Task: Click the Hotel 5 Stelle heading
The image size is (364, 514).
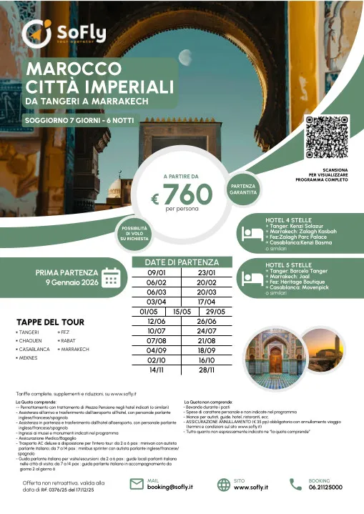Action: pos(290,264)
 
